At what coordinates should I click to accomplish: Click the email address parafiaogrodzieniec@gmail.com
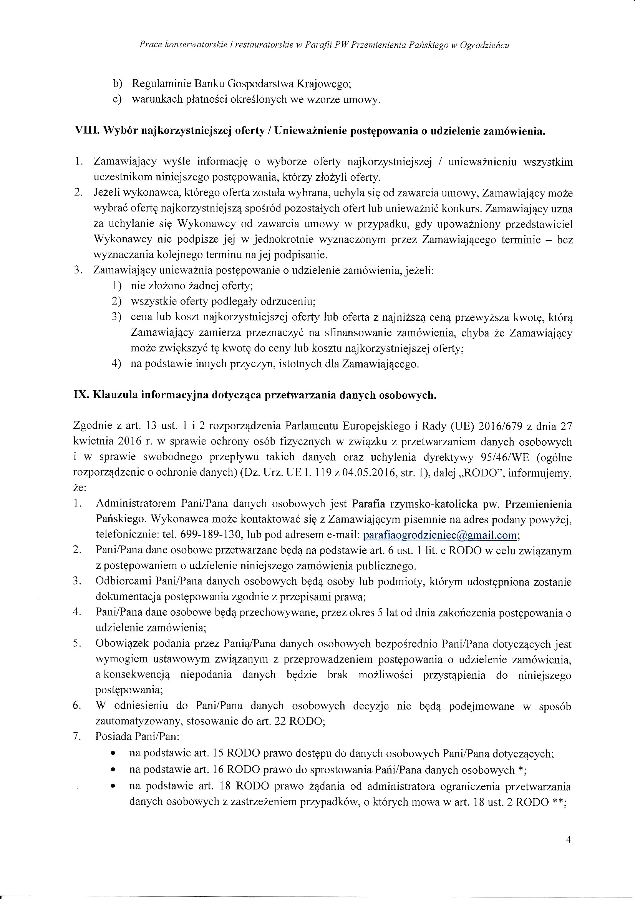[440, 535]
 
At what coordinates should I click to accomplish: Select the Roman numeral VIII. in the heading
[83, 131]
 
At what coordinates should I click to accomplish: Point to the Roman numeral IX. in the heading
[81, 395]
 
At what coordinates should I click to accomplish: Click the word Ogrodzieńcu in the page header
[484, 45]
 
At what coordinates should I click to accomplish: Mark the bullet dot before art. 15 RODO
[113, 754]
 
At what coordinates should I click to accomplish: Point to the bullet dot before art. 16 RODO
[113, 770]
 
